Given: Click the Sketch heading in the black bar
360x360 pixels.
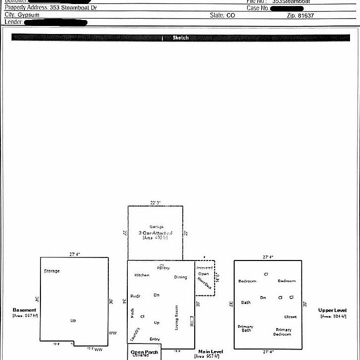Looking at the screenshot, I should click(x=181, y=37).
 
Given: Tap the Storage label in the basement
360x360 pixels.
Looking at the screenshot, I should click(x=51, y=271).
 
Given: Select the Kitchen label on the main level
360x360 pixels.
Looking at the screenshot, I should click(x=142, y=275).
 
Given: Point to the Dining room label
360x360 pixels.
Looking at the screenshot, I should click(x=180, y=277).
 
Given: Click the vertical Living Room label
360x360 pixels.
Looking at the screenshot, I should click(x=176, y=317).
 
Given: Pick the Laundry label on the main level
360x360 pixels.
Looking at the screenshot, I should click(x=135, y=333).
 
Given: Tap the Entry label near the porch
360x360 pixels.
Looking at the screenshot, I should click(x=155, y=339).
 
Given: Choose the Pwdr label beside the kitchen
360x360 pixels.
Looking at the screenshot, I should click(x=135, y=296).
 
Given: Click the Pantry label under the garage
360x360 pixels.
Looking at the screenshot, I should click(x=163, y=268).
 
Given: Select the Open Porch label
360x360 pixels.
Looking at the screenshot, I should click(x=144, y=352).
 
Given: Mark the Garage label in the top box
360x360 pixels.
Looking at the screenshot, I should click(x=156, y=226).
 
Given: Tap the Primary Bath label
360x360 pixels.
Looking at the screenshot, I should click(x=245, y=328).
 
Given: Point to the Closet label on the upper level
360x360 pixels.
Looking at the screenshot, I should click(x=290, y=316).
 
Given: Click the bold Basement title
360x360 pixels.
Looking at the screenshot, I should click(x=24, y=310).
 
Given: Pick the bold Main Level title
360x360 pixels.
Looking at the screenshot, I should click(x=211, y=351).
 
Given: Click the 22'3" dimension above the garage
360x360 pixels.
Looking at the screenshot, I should click(x=155, y=202).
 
